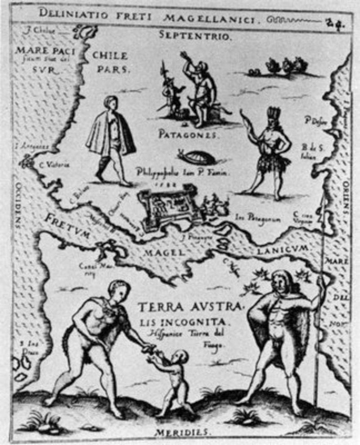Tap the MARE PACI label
point(45,51)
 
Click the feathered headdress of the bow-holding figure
point(274,112)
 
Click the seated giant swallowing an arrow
point(201,90)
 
